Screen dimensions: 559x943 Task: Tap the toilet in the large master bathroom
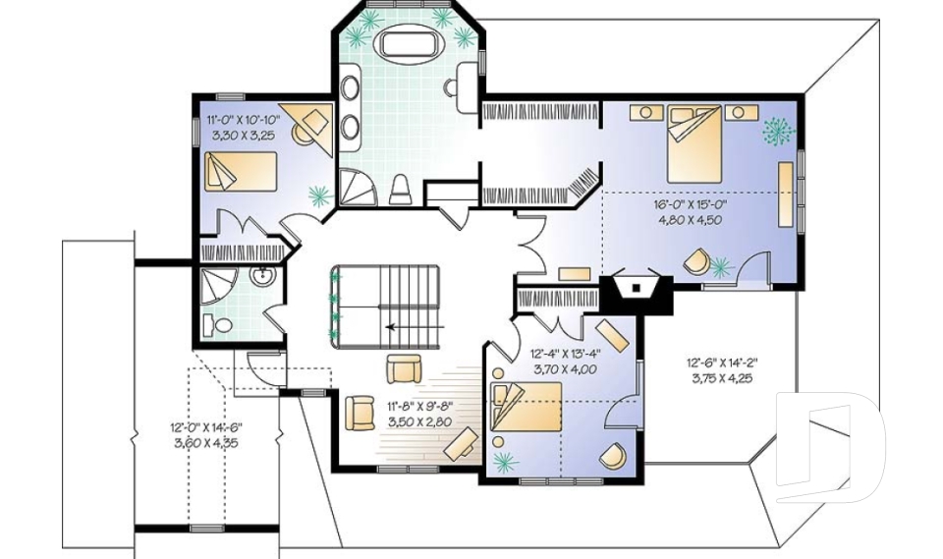[400, 190]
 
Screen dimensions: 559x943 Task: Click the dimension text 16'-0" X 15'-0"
[690, 205]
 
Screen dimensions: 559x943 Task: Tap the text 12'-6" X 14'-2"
[722, 363]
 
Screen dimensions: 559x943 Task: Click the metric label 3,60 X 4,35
[205, 443]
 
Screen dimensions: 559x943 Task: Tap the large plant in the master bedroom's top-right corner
[779, 131]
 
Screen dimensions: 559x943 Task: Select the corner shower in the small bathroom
[216, 285]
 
